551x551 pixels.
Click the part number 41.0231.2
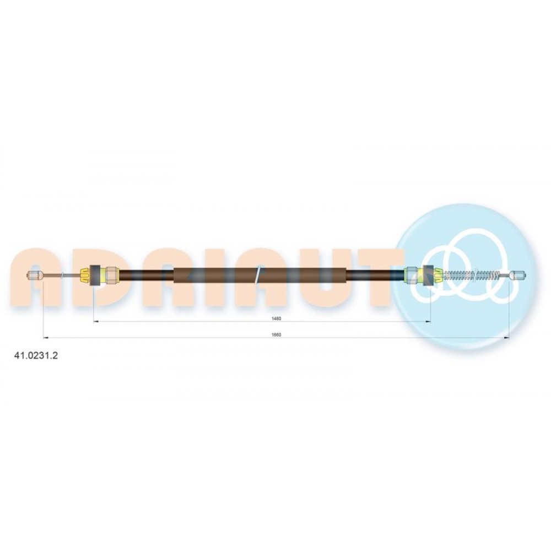[x=36, y=355]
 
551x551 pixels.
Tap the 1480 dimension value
[x=276, y=318]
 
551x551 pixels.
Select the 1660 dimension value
[x=276, y=335]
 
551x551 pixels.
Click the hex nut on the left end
[x=112, y=275]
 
